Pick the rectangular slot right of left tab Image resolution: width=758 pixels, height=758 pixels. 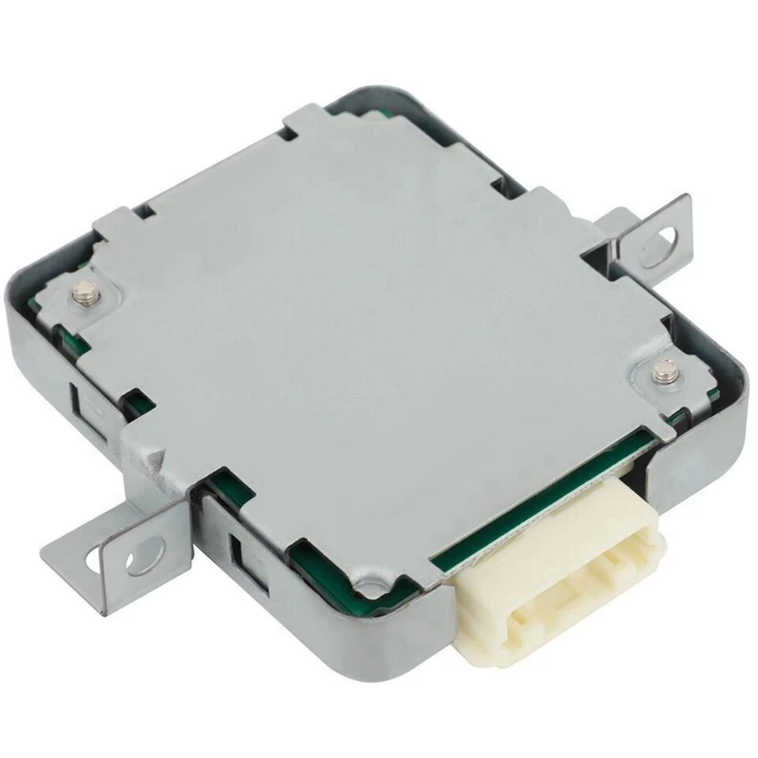[x=237, y=550]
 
